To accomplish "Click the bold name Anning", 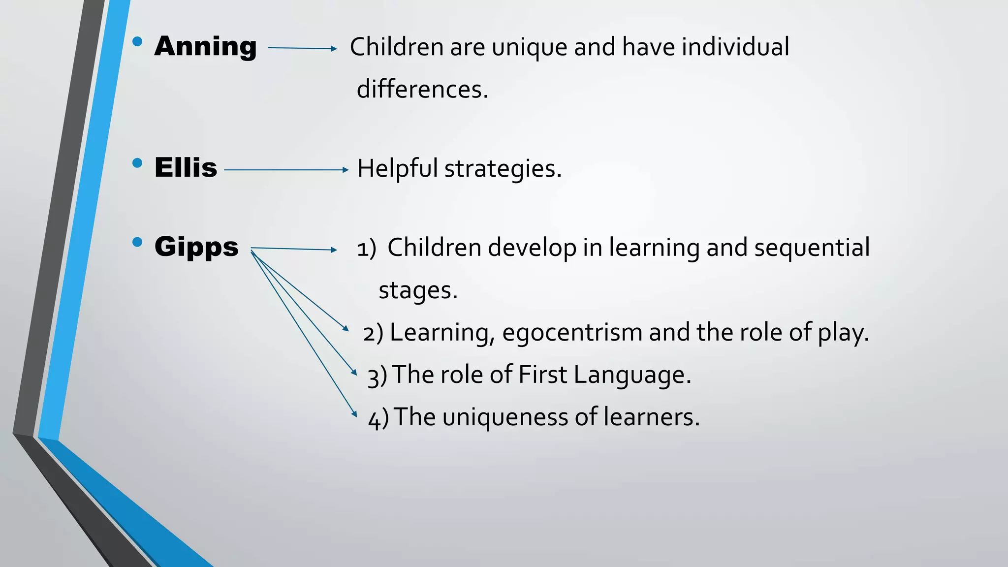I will [x=205, y=46].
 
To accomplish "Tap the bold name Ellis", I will [x=186, y=168].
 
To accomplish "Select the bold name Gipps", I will [x=196, y=247].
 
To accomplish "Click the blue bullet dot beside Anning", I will [x=137, y=41].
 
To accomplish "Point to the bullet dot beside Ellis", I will [x=137, y=163].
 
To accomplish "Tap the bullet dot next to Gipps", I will [x=137, y=242].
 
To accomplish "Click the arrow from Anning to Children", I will [x=302, y=48].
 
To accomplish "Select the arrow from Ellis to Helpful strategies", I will [x=286, y=170].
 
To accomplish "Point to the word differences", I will [x=422, y=90].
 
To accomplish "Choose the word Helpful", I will [x=397, y=168].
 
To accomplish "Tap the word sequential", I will [x=812, y=248].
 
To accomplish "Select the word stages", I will [x=417, y=290].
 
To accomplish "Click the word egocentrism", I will [x=572, y=333].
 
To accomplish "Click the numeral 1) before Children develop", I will [x=366, y=249].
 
